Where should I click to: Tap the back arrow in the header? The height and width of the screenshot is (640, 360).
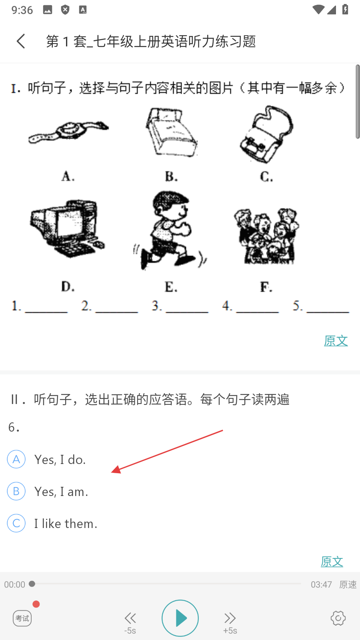coord(21,41)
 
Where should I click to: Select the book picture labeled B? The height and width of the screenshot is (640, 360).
coord(170,132)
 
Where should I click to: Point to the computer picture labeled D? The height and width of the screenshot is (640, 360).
coord(67,228)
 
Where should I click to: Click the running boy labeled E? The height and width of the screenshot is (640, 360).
coord(170,230)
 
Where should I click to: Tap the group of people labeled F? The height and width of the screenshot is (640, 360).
coord(266,236)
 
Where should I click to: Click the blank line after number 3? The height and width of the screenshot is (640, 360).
coord(187,312)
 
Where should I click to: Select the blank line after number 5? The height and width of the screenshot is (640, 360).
coord(328,312)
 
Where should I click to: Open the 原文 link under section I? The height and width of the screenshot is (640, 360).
coord(336,341)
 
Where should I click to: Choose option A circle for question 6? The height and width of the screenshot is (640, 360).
coord(16,459)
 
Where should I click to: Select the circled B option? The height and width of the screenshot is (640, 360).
coord(16,491)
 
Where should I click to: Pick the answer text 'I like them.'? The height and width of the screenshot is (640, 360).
coord(66,524)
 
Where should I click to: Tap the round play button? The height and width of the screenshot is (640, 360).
coord(180,618)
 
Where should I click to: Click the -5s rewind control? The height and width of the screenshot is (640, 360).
coord(130,623)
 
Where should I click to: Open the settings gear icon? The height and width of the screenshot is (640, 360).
coord(338,618)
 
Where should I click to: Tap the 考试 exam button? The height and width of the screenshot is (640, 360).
coord(22,618)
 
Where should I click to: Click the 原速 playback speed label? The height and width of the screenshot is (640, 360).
coord(348,584)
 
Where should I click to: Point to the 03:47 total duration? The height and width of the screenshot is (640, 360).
coord(322,584)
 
